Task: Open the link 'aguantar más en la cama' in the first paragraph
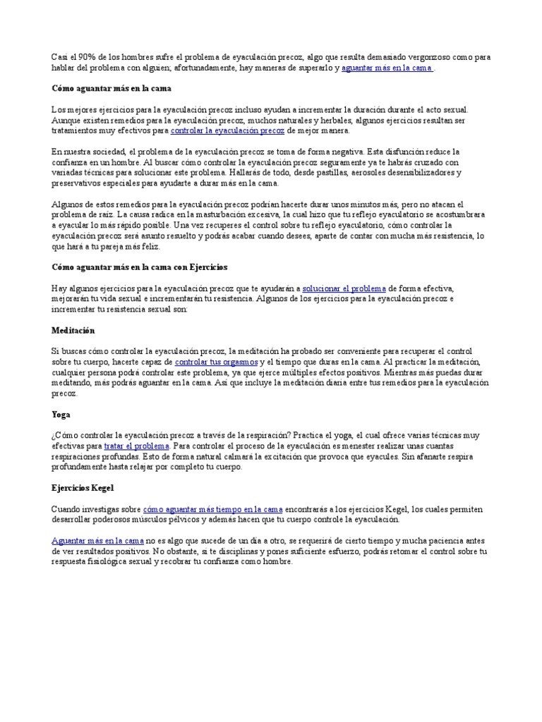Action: pyautogui.click(x=387, y=68)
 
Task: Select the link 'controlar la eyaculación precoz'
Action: pyautogui.click(x=227, y=130)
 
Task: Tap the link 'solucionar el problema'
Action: pyautogui.click(x=344, y=288)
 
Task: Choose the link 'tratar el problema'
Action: pyautogui.click(x=137, y=446)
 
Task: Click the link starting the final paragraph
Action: pyautogui.click(x=97, y=541)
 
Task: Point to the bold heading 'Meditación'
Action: pyautogui.click(x=73, y=330)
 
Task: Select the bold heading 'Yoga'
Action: pyautogui.click(x=61, y=415)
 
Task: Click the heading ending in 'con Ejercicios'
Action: pyautogui.click(x=140, y=268)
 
